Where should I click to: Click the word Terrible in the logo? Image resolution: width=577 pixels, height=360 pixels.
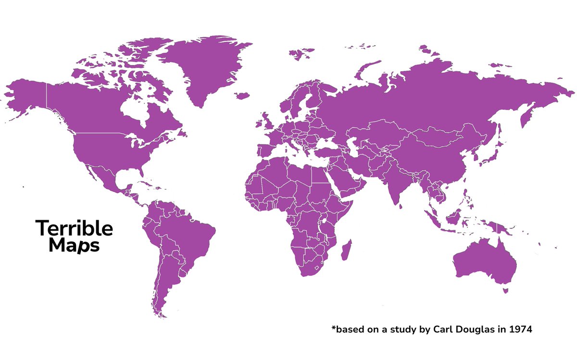(x=75, y=229)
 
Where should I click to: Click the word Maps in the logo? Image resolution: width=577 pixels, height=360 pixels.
(x=75, y=246)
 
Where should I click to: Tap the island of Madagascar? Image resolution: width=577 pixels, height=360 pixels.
(x=345, y=251)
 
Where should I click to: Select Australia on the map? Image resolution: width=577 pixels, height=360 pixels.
(x=483, y=260)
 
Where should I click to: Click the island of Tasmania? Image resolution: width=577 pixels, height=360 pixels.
(x=505, y=290)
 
